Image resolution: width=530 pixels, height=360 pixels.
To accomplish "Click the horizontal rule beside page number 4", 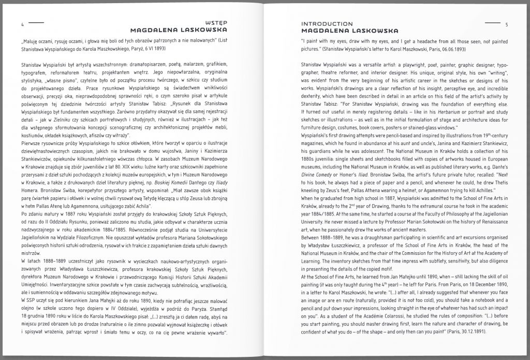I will [x=37, y=23].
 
